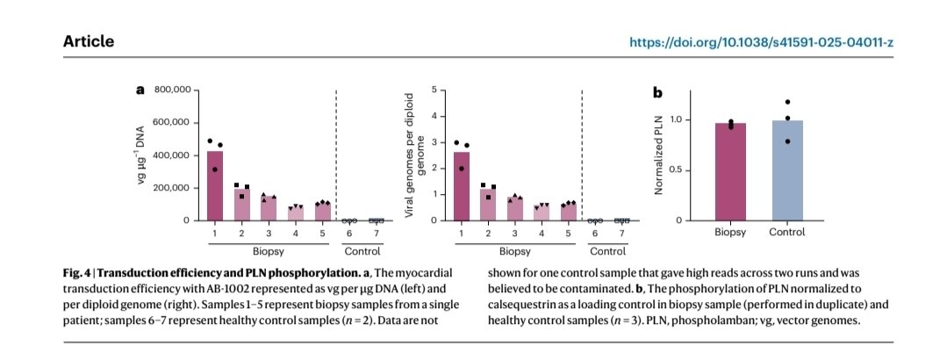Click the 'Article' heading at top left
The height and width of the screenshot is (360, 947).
89,42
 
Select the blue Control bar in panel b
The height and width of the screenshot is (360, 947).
788,171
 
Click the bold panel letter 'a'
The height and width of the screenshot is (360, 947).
139,90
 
